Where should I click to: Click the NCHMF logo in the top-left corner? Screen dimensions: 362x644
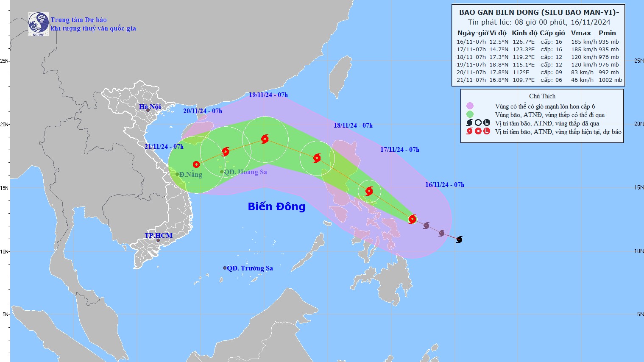[x=38, y=24]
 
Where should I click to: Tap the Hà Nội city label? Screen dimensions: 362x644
[x=150, y=106]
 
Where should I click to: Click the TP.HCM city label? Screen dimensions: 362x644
[x=159, y=236]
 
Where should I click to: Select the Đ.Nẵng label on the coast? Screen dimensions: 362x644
[x=190, y=175]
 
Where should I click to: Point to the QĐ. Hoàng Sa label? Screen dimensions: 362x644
[x=245, y=172]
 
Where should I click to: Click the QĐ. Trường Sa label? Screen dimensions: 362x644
[x=250, y=268]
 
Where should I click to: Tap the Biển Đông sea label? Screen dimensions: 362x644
[x=276, y=206]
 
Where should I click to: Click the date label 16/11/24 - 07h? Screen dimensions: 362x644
[x=444, y=185]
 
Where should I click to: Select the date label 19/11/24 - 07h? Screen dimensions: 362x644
[x=268, y=95]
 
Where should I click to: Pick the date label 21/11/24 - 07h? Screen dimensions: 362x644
[x=164, y=147]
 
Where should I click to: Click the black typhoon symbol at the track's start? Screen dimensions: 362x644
[x=459, y=239]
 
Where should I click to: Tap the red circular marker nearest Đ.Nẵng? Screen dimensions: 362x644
[x=196, y=164]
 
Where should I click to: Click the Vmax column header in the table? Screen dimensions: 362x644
[x=580, y=33]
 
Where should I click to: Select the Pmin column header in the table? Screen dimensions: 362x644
[x=607, y=33]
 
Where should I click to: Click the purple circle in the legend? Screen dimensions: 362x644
[x=470, y=106]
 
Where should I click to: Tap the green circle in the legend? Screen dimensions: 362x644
[x=470, y=114]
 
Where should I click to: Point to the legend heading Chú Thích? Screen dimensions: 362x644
[x=542, y=96]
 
